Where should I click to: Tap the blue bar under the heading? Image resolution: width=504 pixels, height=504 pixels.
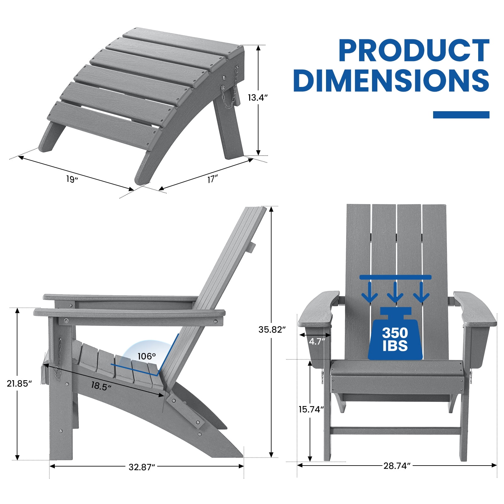click(x=461, y=115)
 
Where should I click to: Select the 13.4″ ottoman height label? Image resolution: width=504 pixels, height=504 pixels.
click(x=258, y=98)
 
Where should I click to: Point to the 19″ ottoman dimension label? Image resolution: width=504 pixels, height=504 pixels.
click(x=72, y=179)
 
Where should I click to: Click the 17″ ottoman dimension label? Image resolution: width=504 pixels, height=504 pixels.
click(x=213, y=179)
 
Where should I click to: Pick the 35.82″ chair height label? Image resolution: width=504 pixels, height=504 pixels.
click(x=272, y=329)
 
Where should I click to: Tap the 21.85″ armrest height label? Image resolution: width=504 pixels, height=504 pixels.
click(x=20, y=383)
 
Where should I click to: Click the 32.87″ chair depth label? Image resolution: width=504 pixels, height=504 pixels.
click(x=142, y=467)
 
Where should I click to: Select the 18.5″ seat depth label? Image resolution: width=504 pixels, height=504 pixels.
click(x=101, y=386)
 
